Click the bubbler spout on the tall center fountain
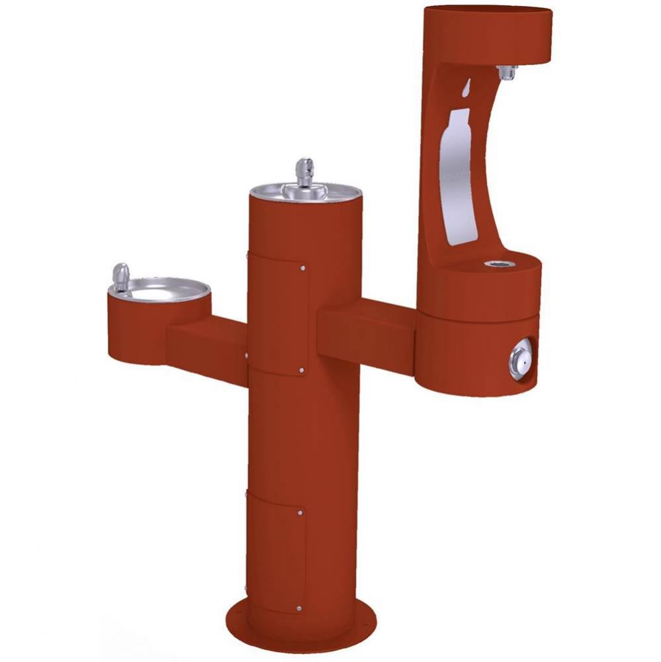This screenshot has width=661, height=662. coord(304,171)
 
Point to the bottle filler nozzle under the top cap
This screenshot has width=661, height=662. coord(507,73)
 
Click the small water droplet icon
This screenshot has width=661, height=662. coord(466,87)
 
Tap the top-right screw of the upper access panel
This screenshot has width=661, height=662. coord(303,268)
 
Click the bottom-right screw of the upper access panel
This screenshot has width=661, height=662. coord(302,371)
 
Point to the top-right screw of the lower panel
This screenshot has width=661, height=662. coord(300,513)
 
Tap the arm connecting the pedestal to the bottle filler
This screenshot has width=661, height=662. coord(367,330)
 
